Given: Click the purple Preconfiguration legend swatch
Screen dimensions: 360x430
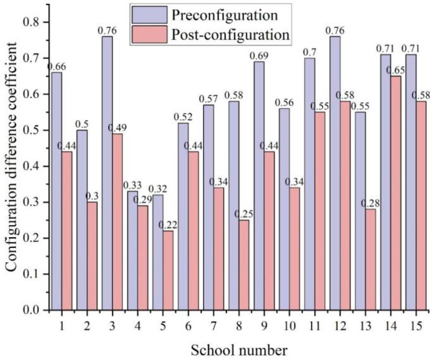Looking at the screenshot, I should click(149, 15).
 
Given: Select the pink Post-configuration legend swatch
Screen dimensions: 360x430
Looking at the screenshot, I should click(149, 34).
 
